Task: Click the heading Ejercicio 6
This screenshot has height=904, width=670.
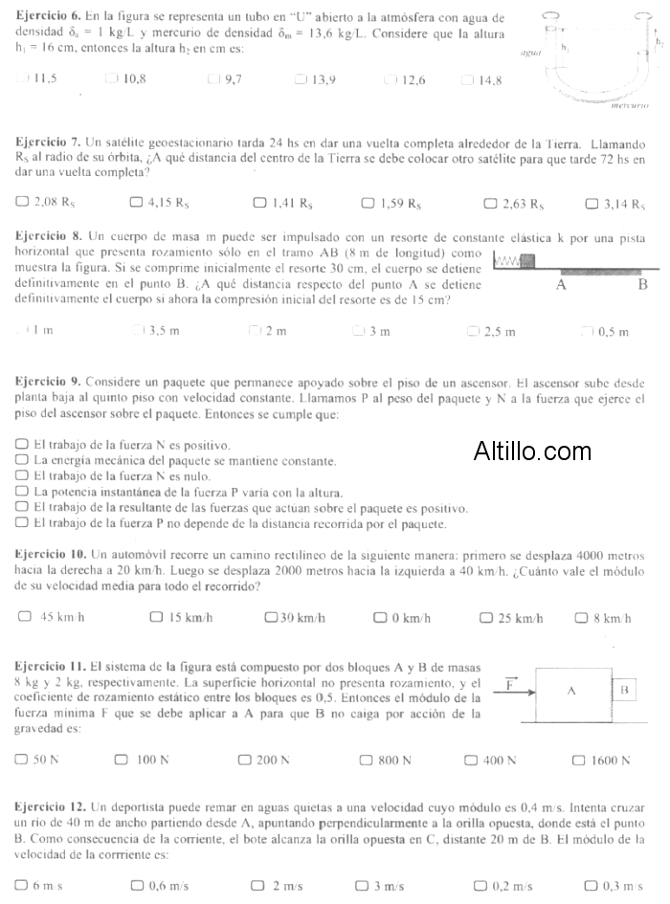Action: (x=43, y=18)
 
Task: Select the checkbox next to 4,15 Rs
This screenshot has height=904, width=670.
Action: (x=135, y=203)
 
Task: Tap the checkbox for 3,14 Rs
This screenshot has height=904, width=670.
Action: (x=591, y=203)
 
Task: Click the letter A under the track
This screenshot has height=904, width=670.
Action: (x=562, y=284)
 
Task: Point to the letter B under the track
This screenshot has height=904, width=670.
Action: (x=643, y=284)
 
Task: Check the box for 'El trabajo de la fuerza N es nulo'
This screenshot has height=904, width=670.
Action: (x=22, y=475)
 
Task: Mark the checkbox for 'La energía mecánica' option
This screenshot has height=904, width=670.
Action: (x=22, y=460)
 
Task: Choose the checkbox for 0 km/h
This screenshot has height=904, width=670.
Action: (x=379, y=618)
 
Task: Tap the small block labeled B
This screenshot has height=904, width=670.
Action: (x=623, y=689)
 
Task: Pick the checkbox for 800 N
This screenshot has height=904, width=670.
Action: (x=366, y=761)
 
